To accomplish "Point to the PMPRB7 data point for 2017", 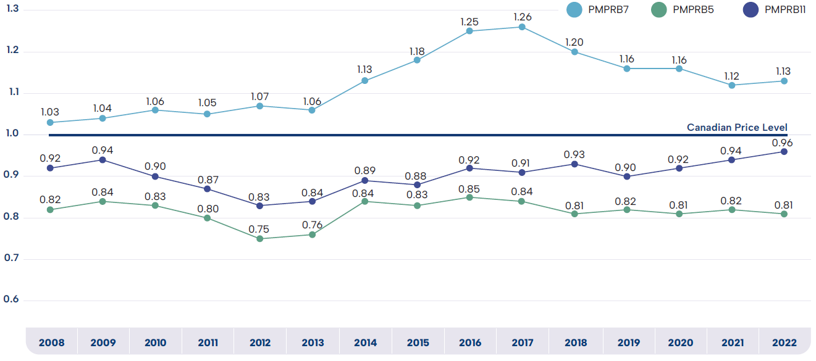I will pyautogui.click(x=522, y=27).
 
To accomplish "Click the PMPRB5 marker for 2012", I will pyautogui.click(x=260, y=239).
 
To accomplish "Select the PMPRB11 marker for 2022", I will pyautogui.click(x=784, y=152).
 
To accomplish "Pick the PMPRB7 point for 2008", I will pyautogui.click(x=50, y=123).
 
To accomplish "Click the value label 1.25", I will pyautogui.click(x=469, y=22).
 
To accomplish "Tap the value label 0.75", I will pyautogui.click(x=260, y=230).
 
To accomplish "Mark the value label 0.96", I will pyautogui.click(x=784, y=143).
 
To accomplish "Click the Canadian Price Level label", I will pyautogui.click(x=737, y=128).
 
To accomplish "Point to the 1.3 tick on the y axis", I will pyautogui.click(x=12, y=9).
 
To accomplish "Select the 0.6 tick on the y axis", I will pyautogui.click(x=12, y=300).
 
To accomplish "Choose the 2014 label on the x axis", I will pyautogui.click(x=365, y=342).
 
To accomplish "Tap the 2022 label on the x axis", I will pyautogui.click(x=784, y=342).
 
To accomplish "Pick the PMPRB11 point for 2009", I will pyautogui.click(x=103, y=160).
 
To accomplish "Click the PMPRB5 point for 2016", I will pyautogui.click(x=469, y=197).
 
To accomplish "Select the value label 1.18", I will pyautogui.click(x=417, y=51).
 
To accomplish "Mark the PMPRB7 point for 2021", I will pyautogui.click(x=731, y=85).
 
